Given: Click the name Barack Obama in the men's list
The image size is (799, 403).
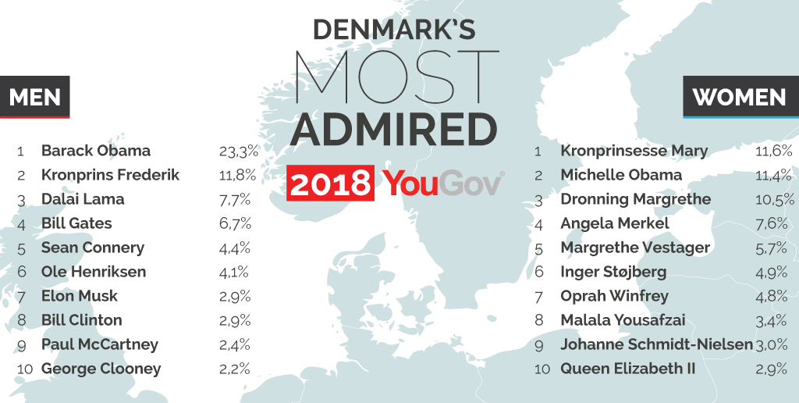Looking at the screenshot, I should point(95,151).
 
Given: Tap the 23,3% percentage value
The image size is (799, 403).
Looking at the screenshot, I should point(239,151).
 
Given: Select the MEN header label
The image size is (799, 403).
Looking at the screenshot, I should point(35,97).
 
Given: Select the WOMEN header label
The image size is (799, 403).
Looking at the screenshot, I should point(739,97).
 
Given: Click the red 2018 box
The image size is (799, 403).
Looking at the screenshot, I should point(330,184).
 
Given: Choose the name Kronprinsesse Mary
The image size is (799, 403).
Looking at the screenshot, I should point(634,151).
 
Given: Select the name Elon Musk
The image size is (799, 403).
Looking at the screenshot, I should point(80,296).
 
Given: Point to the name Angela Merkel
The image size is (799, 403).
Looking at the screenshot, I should point(614,223).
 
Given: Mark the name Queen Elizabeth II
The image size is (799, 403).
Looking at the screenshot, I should point(627,369).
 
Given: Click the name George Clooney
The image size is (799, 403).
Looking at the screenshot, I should point(101,369).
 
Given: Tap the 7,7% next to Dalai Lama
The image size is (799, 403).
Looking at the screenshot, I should point(235,199).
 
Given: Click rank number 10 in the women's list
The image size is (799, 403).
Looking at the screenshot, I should point(542,369).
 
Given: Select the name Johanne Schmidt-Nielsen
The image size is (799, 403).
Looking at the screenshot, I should point(656,344).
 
